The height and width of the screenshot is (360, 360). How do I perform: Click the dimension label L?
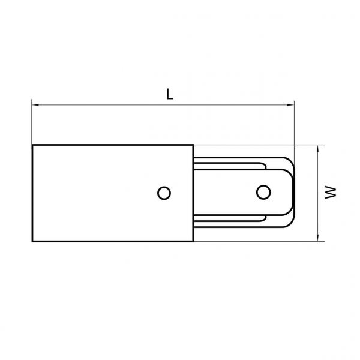coord(170,94)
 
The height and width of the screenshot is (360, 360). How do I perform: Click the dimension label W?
coord(331,193)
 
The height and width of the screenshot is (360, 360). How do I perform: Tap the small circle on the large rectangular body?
coord(164,193)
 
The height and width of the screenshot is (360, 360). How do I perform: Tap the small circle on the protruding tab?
coord(263,192)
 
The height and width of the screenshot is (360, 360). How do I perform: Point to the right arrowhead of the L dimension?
coord(290,105)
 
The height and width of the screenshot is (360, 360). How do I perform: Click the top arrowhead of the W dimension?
coord(318,148)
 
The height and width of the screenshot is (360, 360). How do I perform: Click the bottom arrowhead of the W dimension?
coord(318,238)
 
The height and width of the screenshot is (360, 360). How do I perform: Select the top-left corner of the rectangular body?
coord(32,145)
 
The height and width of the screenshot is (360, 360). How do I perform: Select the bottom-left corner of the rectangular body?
coord(32,241)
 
